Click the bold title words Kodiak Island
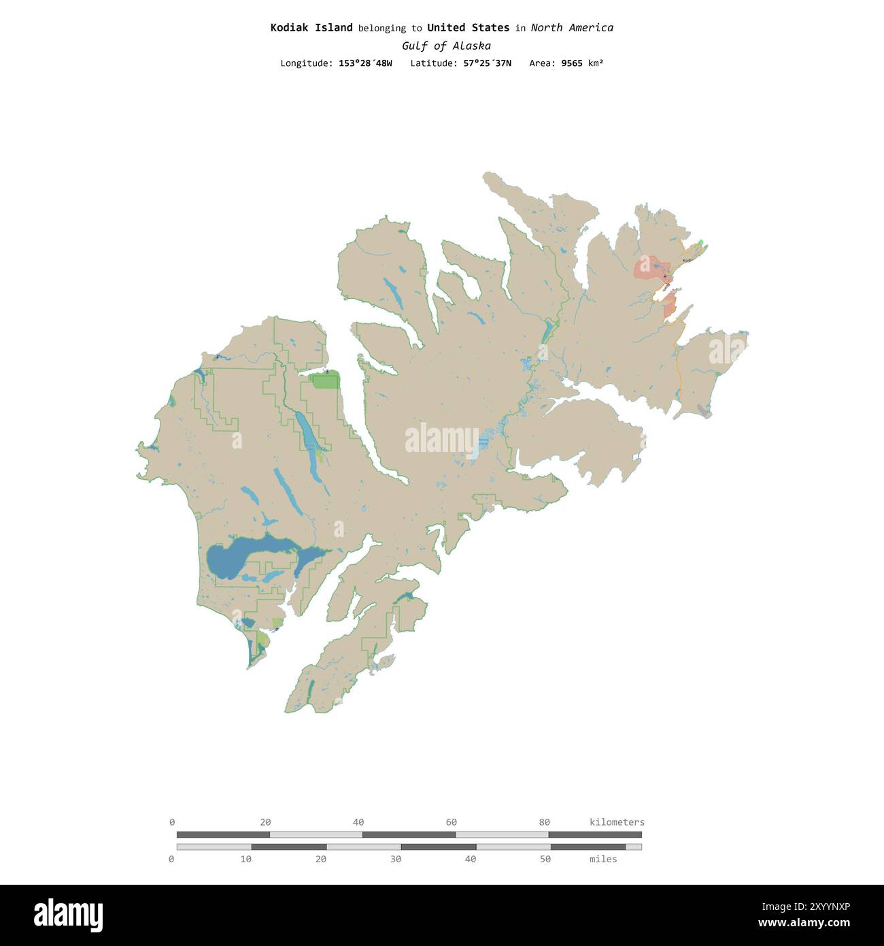311,28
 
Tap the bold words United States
468,28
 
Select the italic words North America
571,28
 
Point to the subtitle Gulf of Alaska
446,46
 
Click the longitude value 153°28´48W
365,63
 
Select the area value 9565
571,63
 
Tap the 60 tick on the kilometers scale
452,822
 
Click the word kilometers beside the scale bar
617,822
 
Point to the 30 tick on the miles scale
396,859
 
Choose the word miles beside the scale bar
603,859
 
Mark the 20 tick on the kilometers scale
265,822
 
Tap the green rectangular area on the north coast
325,381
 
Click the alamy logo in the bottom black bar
69,915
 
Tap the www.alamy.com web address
804,924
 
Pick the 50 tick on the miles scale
545,859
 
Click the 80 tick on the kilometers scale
544,822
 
